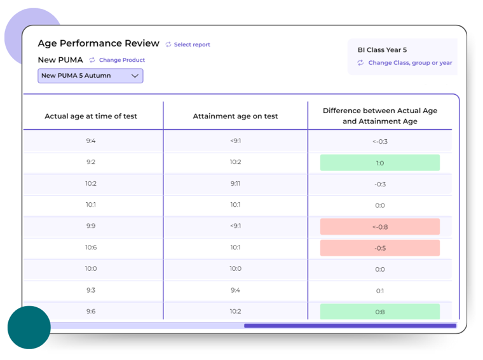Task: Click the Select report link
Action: click(191, 45)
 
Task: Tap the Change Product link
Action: click(121, 60)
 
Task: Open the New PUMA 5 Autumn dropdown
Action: click(90, 76)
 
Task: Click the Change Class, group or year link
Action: click(409, 63)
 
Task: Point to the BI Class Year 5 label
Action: click(382, 50)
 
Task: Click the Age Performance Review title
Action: click(99, 43)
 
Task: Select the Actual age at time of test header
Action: click(91, 116)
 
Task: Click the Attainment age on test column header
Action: click(235, 116)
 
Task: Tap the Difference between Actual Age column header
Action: click(380, 116)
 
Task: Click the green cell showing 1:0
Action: click(380, 163)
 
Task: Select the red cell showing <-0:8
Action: click(380, 227)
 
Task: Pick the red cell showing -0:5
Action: click(380, 248)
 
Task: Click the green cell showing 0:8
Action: click(380, 312)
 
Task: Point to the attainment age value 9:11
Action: click(235, 184)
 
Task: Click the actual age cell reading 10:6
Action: click(91, 247)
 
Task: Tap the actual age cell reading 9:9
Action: click(91, 226)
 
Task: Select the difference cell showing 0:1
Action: click(380, 291)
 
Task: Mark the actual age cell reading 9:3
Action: click(91, 290)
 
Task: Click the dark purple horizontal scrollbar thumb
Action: click(350, 326)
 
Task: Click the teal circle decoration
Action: click(29, 328)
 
